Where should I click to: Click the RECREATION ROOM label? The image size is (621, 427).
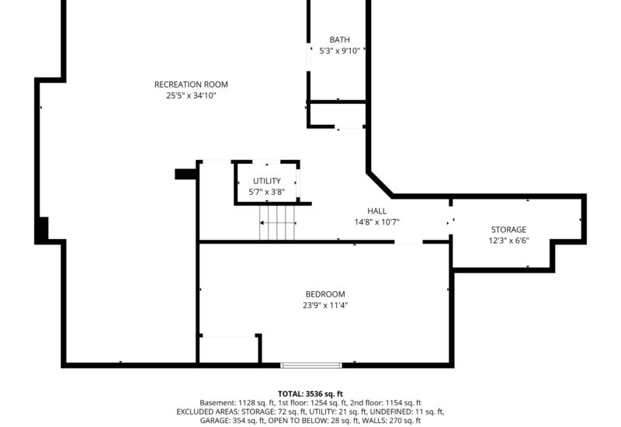tap(191, 85)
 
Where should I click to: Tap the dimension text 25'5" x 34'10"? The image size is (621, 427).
tap(191, 95)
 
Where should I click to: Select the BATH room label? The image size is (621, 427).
tap(339, 40)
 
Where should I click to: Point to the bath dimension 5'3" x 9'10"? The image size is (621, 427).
tap(339, 51)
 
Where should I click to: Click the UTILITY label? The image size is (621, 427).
tap(266, 181)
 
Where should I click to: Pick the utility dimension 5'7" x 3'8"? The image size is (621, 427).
tap(266, 192)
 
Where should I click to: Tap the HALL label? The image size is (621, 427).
tap(376, 210)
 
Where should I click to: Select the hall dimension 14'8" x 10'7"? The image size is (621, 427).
tap(376, 221)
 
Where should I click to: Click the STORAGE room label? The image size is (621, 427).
tap(508, 230)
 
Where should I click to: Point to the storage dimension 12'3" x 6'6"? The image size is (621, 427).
tap(508, 241)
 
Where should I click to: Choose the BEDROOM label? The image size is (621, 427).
tap(324, 294)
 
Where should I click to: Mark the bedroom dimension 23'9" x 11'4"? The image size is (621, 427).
tap(324, 305)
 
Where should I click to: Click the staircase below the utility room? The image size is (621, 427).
tap(278, 223)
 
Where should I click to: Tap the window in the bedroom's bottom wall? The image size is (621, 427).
tap(310, 365)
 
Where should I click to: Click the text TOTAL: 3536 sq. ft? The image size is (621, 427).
tap(310, 394)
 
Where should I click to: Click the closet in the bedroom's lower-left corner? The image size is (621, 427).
tap(228, 349)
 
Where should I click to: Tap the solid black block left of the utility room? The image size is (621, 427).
tap(185, 174)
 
